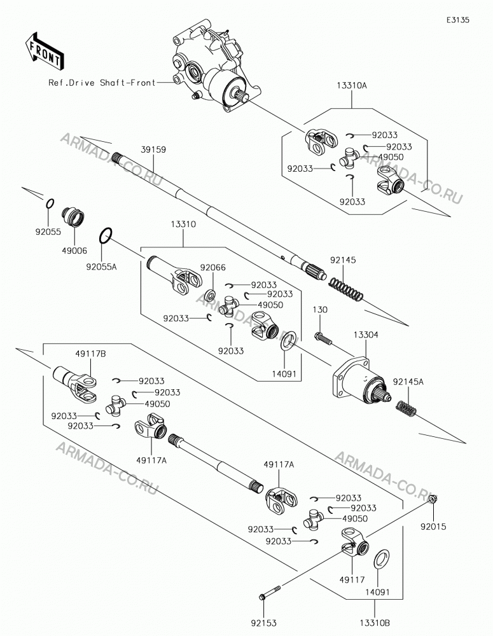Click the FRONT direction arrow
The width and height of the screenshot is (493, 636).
point(45,50)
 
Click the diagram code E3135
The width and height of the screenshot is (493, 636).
point(458,20)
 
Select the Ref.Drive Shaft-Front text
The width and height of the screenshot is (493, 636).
point(102,83)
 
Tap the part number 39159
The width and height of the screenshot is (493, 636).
point(153,149)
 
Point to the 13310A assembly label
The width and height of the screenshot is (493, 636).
point(351,86)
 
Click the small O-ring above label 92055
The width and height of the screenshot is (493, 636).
point(49,204)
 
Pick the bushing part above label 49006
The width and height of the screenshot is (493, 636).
point(73,218)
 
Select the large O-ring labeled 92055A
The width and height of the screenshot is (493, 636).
point(106,236)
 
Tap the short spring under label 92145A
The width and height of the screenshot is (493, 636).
point(406,408)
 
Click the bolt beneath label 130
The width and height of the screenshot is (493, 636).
point(323,339)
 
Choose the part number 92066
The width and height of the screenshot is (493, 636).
point(212,268)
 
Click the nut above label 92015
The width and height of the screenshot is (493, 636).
point(433,499)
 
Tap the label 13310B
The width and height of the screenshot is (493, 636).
point(374,623)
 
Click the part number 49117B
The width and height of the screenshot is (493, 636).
point(90,354)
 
